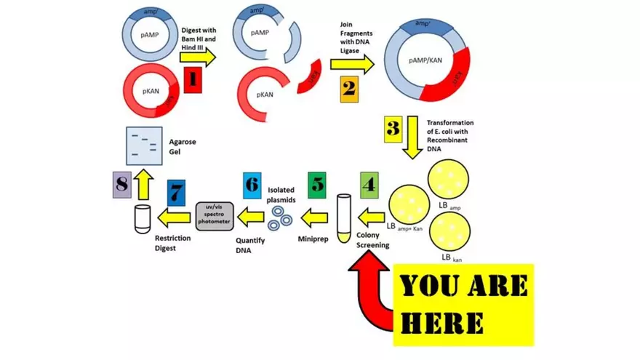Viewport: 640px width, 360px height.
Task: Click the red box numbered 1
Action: tap(191, 79)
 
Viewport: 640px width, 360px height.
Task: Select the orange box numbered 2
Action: tap(348, 89)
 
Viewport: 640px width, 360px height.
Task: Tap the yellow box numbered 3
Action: tap(393, 130)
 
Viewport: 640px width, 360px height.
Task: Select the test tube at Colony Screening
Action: tap(344, 216)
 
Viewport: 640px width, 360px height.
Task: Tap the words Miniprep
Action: tap(315, 239)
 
